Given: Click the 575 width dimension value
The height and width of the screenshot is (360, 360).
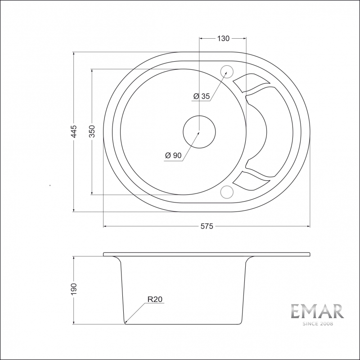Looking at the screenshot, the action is pyautogui.click(x=207, y=226).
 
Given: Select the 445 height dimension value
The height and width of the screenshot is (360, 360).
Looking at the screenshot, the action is pyautogui.click(x=74, y=131).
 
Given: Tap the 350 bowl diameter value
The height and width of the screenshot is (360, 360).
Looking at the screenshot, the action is pyautogui.click(x=92, y=131).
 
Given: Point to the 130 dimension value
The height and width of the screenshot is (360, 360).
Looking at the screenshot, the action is pyautogui.click(x=223, y=38).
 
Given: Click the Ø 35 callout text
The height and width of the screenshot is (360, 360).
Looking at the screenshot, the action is pyautogui.click(x=202, y=96).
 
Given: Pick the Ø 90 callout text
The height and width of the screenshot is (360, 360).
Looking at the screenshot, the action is pyautogui.click(x=173, y=155).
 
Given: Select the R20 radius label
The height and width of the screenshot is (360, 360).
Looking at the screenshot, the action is pyautogui.click(x=155, y=299).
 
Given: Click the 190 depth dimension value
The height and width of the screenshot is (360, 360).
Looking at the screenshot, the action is pyautogui.click(x=74, y=289).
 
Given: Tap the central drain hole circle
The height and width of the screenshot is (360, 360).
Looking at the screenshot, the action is pyautogui.click(x=199, y=116).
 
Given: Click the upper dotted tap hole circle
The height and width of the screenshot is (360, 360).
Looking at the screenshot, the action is pyautogui.click(x=227, y=65).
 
